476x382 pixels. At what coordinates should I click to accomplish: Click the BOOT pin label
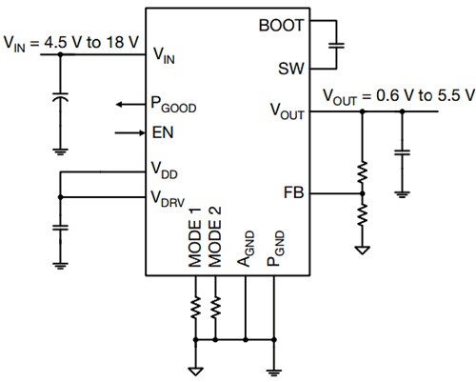[280, 24]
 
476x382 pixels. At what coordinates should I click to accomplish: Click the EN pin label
[162, 132]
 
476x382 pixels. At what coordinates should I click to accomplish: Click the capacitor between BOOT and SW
[335, 45]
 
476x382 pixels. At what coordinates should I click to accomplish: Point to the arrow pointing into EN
[129, 132]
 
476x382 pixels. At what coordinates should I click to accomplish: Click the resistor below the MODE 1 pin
[194, 309]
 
